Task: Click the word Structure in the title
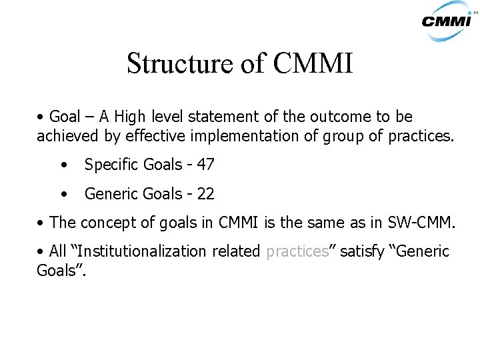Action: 175,64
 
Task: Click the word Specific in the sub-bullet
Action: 109,165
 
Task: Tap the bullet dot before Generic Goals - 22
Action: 63,194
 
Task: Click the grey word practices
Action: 297,251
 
